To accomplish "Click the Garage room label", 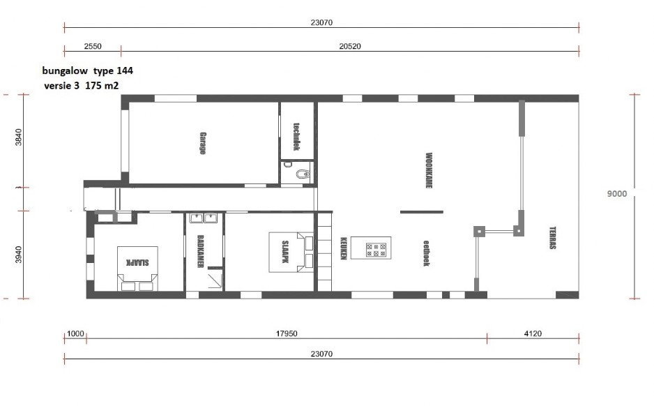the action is tap(203, 143).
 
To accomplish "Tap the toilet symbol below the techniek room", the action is tap(303, 173).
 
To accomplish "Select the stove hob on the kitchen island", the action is tap(376, 250).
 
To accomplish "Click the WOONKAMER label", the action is tap(428, 170).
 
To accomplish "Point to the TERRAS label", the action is tap(553, 238).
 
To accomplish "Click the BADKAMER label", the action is tap(200, 251).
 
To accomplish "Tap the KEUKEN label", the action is tap(344, 248).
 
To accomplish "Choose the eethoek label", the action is tap(426, 253).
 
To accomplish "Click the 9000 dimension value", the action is tap(616, 194).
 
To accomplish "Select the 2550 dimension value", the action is tap(93, 46).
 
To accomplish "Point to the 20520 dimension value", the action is tap(350, 46).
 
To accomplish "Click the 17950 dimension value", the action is tap(287, 333).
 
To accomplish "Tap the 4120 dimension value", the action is tap(533, 333).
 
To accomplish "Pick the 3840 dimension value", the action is tap(18, 137).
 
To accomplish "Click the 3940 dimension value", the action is tap(18, 255).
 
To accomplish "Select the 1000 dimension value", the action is tap(75, 333).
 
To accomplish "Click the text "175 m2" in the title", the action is tap(102, 86).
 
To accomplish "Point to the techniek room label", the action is tap(296, 137).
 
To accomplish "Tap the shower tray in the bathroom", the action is tap(215, 280).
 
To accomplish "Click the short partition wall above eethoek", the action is tap(422, 212).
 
